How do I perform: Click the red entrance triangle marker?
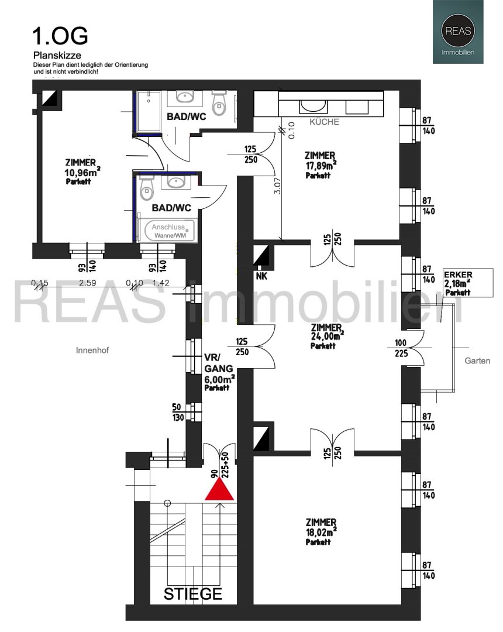tap(219, 490)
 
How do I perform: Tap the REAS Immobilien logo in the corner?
tap(458, 32)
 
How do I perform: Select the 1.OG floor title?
tap(60, 36)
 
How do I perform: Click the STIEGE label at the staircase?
tap(193, 593)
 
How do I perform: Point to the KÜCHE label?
tap(324, 122)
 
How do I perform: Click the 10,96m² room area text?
tap(82, 172)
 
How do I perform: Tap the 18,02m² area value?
tap(321, 531)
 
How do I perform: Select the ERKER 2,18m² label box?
tap(468, 283)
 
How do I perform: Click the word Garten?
tap(477, 360)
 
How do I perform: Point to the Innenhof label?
tap(92, 351)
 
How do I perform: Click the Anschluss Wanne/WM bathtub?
tap(168, 231)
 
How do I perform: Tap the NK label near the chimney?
tap(261, 276)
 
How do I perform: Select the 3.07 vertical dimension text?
tap(277, 186)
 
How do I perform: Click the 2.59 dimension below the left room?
tap(87, 283)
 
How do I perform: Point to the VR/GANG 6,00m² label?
tap(219, 372)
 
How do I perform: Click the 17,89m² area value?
tap(321, 165)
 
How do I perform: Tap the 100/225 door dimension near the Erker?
tap(401, 348)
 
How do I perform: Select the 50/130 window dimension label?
tap(178, 412)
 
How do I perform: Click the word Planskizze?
tap(57, 55)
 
